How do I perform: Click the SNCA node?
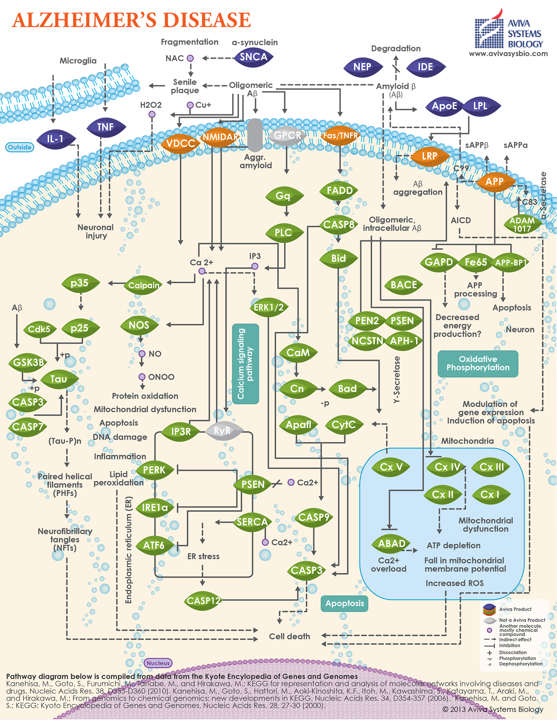pyautogui.click(x=254, y=57)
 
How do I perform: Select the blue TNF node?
pyautogui.click(x=106, y=127)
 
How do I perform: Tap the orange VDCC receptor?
pyautogui.click(x=181, y=143)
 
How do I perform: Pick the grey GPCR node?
pyautogui.click(x=287, y=135)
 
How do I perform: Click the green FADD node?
pyautogui.click(x=339, y=191)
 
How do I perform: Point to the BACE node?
pyautogui.click(x=404, y=285)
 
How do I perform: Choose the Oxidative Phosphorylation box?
pyautogui.click(x=478, y=363)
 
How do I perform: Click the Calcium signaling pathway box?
pyautogui.click(x=245, y=363)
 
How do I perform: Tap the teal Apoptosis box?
pyautogui.click(x=345, y=604)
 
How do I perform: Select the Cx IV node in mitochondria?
pyautogui.click(x=447, y=467)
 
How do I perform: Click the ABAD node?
pyautogui.click(x=392, y=544)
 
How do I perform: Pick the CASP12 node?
pyautogui.click(x=203, y=601)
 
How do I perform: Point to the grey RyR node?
pyautogui.click(x=223, y=431)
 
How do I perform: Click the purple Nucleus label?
pyautogui.click(x=158, y=663)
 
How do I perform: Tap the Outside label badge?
pyautogui.click(x=20, y=147)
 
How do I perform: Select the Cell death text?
pyautogui.click(x=290, y=636)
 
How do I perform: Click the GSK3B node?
pyautogui.click(x=28, y=363)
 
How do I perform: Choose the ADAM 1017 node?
pyautogui.click(x=522, y=225)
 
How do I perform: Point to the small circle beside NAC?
pyautogui.click(x=190, y=58)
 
